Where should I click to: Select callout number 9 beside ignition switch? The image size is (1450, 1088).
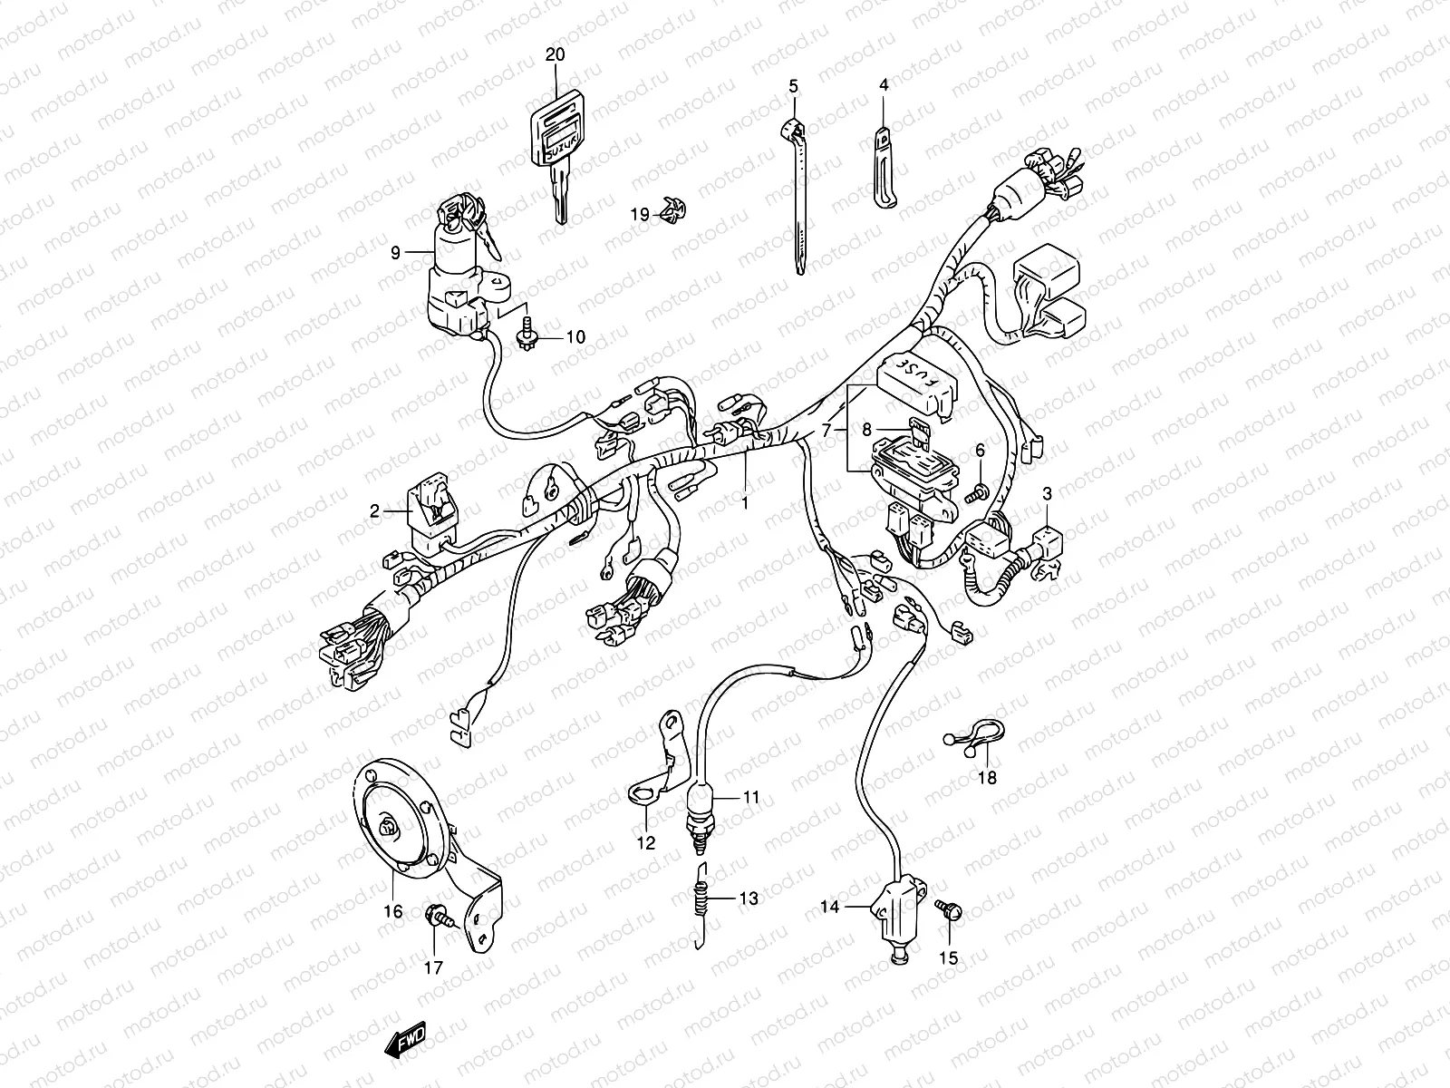click(x=395, y=253)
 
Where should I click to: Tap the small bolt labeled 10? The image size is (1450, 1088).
click(x=524, y=337)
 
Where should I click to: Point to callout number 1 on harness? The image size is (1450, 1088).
click(x=746, y=500)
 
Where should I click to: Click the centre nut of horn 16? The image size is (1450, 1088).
click(x=390, y=826)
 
